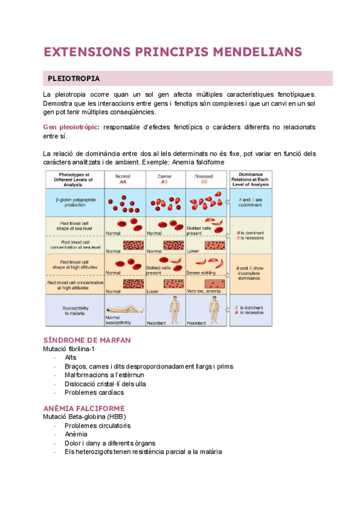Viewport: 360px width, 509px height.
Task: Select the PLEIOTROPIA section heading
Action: click(74, 79)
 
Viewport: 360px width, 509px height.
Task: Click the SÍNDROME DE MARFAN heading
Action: click(86, 340)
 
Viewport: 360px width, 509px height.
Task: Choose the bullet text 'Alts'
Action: click(70, 357)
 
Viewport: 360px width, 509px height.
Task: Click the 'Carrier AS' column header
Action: click(164, 178)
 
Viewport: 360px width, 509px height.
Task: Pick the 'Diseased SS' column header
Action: click(204, 178)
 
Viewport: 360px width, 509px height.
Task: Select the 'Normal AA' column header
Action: click(123, 178)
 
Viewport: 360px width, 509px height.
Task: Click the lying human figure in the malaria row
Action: click(124, 307)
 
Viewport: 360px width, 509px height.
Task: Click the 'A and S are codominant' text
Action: click(251, 202)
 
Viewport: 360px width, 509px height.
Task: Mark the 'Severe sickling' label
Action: click(200, 273)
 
